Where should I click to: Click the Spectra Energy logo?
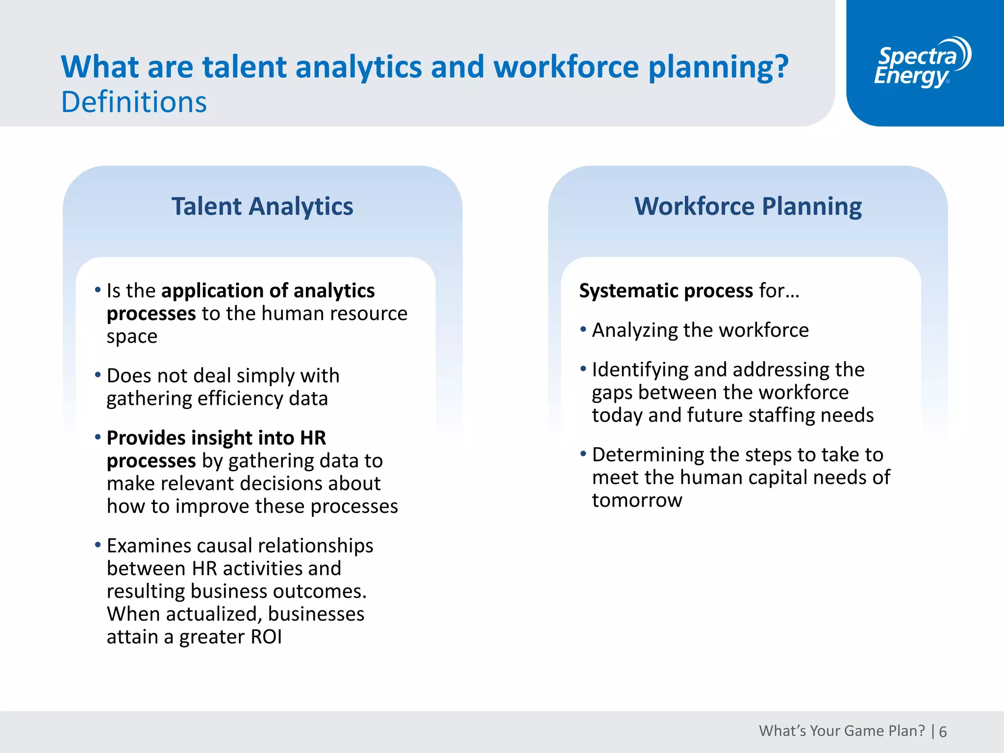(x=922, y=63)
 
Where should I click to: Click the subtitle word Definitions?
(x=134, y=102)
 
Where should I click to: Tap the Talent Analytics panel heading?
(x=262, y=206)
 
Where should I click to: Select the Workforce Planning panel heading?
(x=748, y=206)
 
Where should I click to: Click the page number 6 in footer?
(x=943, y=732)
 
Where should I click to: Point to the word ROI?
(x=266, y=637)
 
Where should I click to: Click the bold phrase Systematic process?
(x=666, y=291)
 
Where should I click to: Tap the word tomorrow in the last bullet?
(x=637, y=501)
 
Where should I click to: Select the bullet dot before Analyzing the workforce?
(x=583, y=329)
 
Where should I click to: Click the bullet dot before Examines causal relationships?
(x=98, y=545)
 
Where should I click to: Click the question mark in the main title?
(x=779, y=67)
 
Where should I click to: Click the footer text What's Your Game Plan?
(x=842, y=731)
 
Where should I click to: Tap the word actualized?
(x=214, y=614)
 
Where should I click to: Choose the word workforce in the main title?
(x=566, y=67)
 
